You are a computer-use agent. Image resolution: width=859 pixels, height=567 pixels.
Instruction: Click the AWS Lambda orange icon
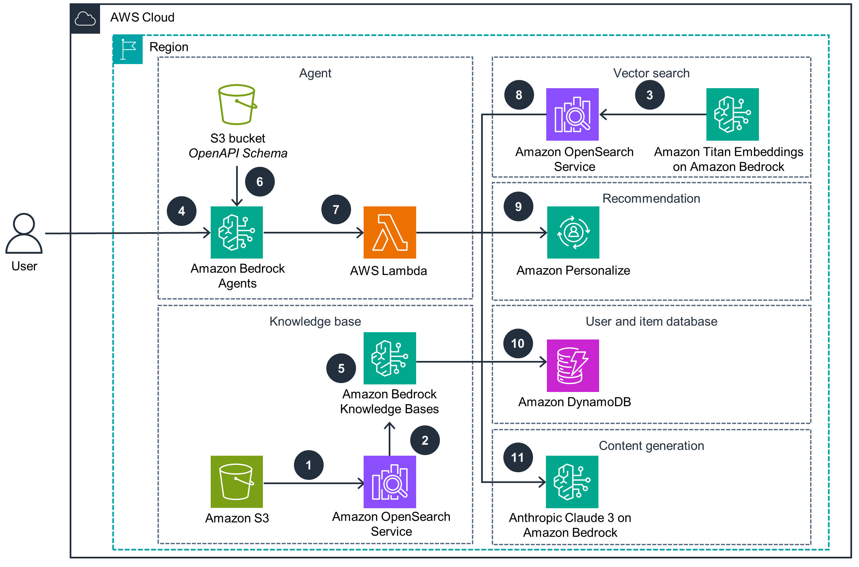click(389, 232)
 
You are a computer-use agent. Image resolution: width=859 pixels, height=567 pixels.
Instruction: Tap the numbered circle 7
click(336, 209)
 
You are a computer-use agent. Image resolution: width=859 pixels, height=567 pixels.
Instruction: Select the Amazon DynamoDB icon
click(573, 366)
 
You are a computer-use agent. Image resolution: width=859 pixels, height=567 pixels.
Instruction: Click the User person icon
click(24, 233)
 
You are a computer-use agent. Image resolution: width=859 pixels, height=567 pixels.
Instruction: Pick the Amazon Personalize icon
click(573, 232)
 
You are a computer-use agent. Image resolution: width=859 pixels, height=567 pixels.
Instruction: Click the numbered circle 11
click(518, 457)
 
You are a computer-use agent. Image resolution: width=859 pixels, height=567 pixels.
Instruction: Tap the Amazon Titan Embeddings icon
click(732, 114)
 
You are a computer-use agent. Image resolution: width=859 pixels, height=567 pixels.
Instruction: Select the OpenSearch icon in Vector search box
click(572, 114)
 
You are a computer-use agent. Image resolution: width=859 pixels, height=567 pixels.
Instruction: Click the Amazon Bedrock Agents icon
click(237, 232)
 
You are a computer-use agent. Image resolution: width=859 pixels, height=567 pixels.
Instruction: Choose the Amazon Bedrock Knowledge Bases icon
click(389, 358)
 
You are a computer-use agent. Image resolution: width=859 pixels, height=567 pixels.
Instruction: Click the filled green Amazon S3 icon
click(237, 482)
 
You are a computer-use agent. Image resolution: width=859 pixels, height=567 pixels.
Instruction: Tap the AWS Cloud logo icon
click(85, 18)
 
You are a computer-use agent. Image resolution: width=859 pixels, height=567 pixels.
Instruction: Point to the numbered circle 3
click(649, 95)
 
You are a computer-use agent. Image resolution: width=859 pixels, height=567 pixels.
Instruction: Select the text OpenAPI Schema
click(238, 153)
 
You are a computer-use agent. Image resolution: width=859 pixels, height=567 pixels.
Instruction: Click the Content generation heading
click(651, 445)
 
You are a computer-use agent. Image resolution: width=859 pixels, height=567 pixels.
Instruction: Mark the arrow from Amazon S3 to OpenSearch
click(313, 483)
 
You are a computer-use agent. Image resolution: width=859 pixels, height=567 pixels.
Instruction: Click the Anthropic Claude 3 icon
click(572, 482)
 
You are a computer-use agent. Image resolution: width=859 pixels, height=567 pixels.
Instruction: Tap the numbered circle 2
click(425, 440)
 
